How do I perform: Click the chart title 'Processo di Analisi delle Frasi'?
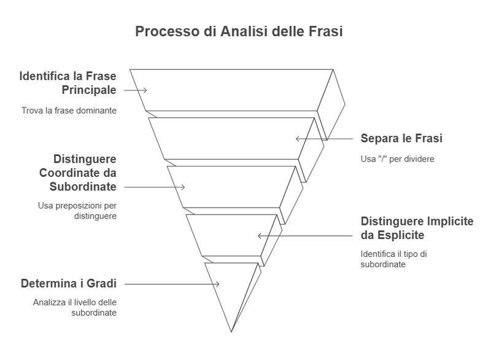(239, 32)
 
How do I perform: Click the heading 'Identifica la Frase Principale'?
(68, 84)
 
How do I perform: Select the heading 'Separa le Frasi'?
(401, 138)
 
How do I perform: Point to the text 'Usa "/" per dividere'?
(397, 159)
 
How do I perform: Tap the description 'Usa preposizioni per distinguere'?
(77, 211)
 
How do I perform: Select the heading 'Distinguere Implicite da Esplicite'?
(417, 228)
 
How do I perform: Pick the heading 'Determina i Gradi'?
(69, 283)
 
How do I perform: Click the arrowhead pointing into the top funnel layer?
(146, 90)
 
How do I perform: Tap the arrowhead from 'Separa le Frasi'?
(297, 139)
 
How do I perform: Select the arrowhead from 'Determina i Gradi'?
(219, 284)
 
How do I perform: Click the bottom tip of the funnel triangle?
(231, 332)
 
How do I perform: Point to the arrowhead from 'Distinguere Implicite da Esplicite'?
(259, 235)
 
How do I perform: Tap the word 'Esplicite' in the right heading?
(400, 235)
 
